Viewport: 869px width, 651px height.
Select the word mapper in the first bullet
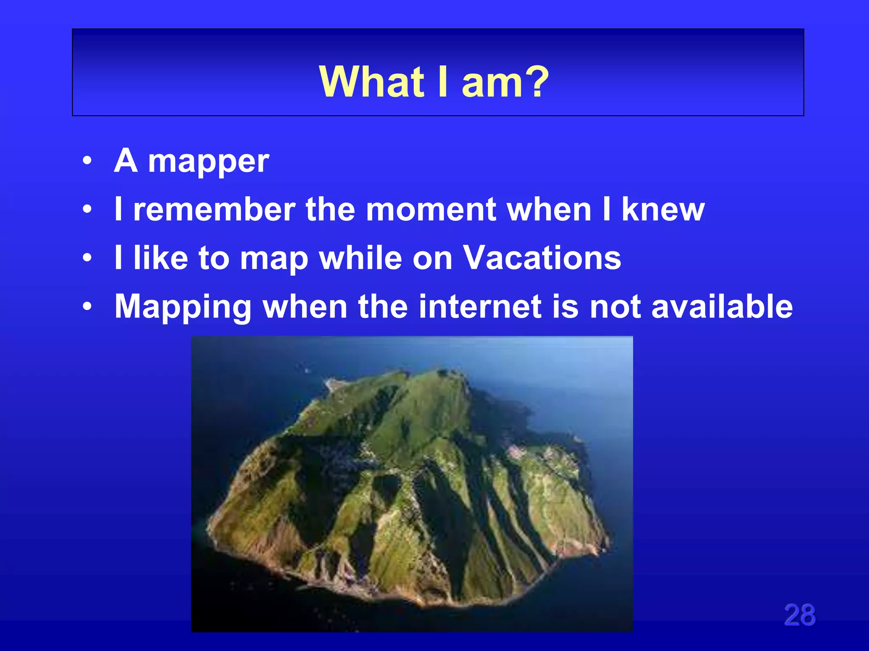(x=208, y=162)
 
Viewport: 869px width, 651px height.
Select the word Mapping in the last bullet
(x=183, y=307)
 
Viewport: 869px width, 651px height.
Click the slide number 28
(x=799, y=615)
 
